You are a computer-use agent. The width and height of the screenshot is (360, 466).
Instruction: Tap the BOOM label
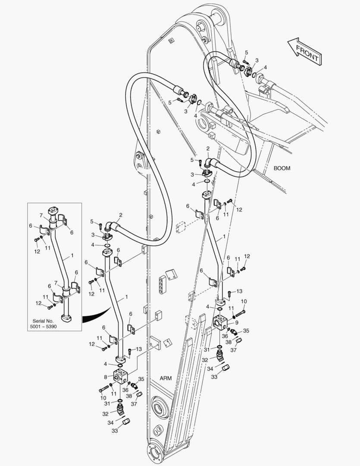(x=282, y=168)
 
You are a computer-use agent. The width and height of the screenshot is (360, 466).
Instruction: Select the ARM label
(x=166, y=378)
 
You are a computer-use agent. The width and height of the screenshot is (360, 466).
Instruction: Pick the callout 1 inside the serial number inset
(x=72, y=255)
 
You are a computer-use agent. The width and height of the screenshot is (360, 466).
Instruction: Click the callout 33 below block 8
(x=115, y=431)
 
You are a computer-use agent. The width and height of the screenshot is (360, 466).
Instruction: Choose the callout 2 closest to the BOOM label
(x=207, y=149)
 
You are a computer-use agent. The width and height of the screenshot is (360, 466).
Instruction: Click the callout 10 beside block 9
(x=243, y=301)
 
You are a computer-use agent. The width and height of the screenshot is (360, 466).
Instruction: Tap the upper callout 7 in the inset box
(x=41, y=215)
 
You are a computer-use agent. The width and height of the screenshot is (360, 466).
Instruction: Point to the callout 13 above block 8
(x=138, y=349)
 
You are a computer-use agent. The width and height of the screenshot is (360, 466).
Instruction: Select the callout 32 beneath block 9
(x=205, y=359)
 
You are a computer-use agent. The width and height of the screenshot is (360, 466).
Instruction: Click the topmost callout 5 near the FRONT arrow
(x=246, y=52)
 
